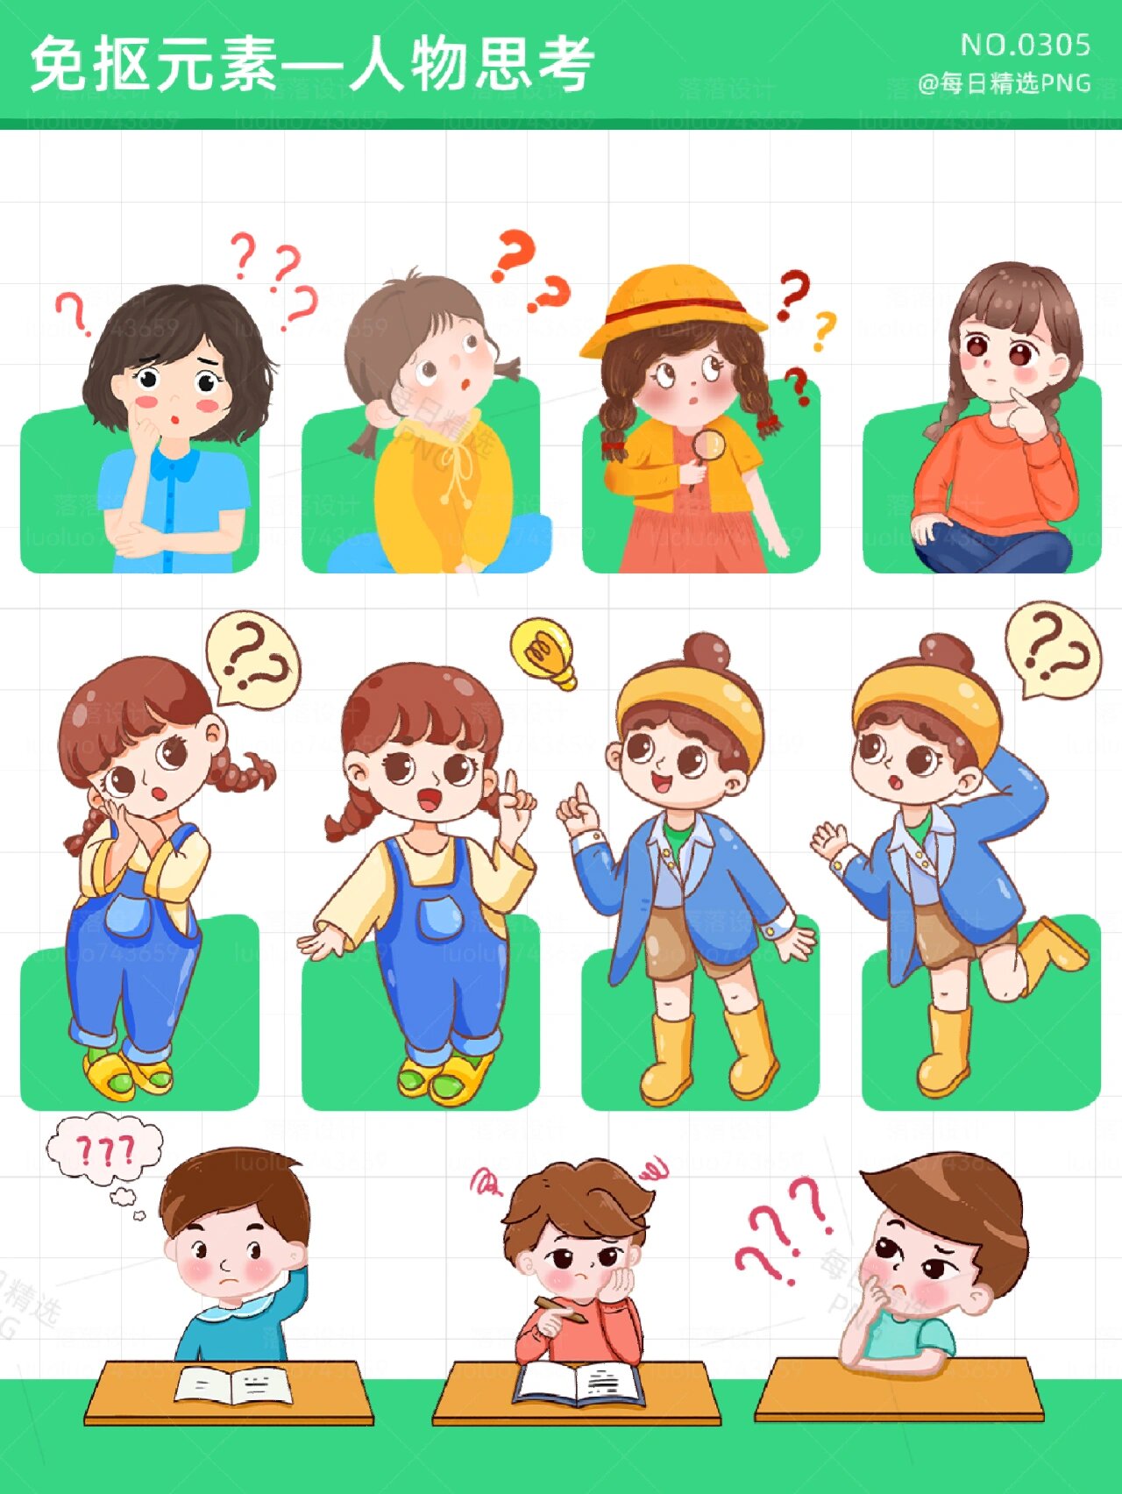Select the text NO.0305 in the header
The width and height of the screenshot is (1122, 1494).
[1026, 45]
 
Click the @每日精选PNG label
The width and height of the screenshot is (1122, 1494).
[1005, 83]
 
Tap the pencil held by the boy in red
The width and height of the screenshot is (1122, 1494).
[561, 1308]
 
